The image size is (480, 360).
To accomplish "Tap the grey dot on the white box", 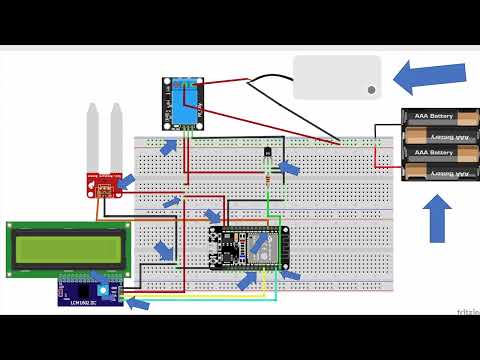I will point(371,90).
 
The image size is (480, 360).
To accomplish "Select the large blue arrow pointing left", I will point(430,77).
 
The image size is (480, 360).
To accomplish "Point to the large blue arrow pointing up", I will point(438,219).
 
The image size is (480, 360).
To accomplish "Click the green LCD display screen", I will point(69,249).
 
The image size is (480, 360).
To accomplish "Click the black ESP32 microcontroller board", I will point(249,246).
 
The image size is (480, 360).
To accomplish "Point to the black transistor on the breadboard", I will point(267,156).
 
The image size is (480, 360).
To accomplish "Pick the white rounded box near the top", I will point(337,77).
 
